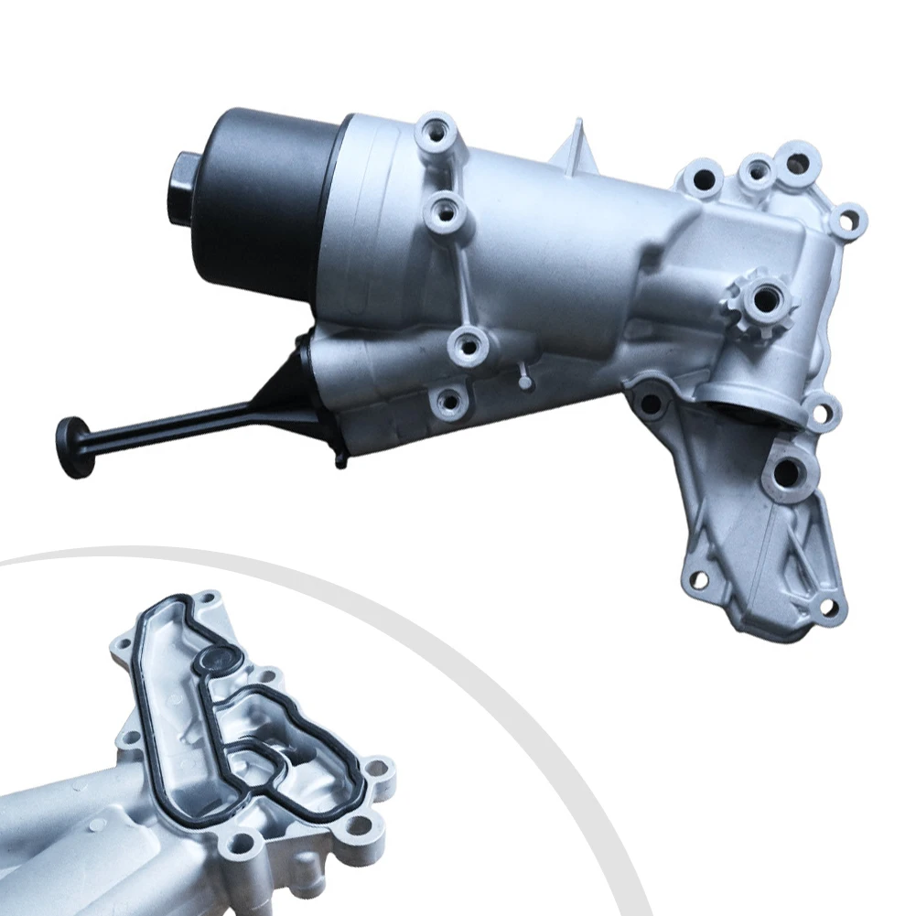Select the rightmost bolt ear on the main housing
[849, 218]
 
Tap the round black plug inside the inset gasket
[217, 657]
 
